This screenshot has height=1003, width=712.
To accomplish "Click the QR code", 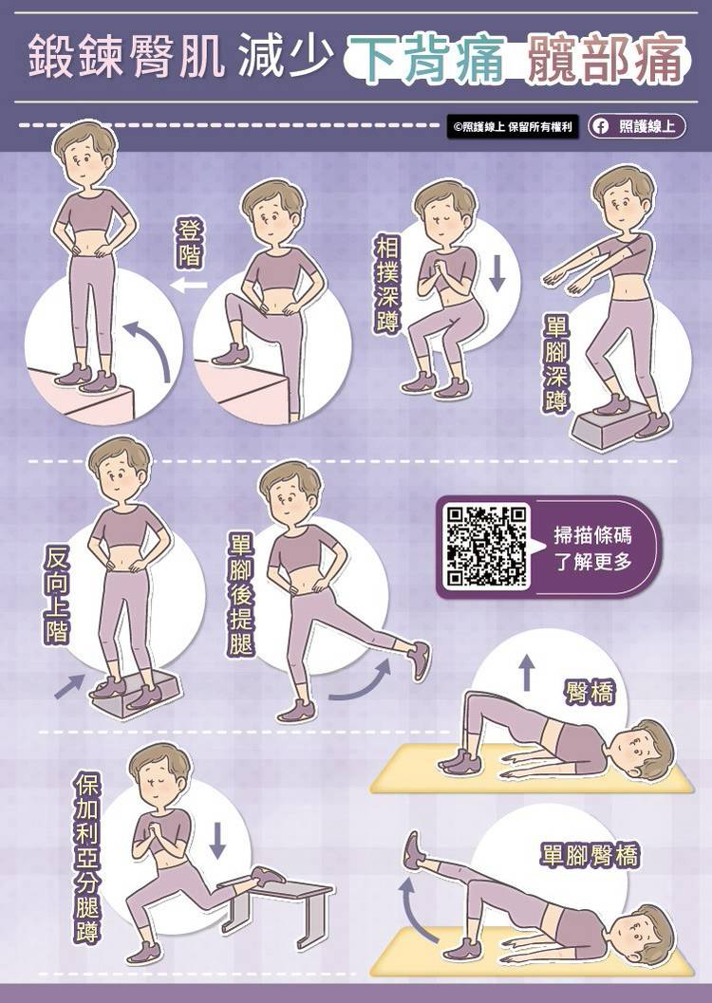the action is point(487,547).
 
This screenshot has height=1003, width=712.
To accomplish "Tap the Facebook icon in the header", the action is point(601,126).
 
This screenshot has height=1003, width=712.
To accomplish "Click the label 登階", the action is point(190,243).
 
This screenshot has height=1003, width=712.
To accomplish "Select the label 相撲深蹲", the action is point(387,284).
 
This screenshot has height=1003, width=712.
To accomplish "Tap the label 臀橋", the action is point(590,692).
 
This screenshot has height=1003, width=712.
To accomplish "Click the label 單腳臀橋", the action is point(589,855).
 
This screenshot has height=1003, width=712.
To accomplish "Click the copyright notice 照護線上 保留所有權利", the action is point(512,126).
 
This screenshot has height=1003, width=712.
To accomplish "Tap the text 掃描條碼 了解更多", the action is point(593,548).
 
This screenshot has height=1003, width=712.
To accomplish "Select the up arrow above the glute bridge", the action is point(526,672).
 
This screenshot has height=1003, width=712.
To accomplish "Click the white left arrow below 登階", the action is point(189,285).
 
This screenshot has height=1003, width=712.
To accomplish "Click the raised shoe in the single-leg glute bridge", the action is point(413,850).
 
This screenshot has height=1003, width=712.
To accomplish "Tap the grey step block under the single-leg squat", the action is point(605,428).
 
